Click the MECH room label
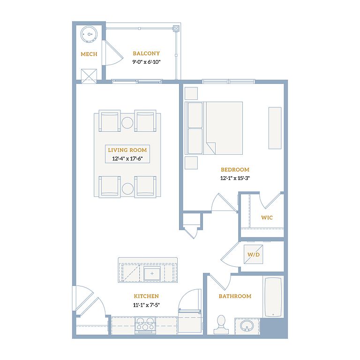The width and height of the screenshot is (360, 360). [x=89, y=54]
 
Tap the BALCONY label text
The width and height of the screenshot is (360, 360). [x=146, y=53]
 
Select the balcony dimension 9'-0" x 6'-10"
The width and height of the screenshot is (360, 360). [x=146, y=62]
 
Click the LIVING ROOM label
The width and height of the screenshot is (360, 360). [x=127, y=150]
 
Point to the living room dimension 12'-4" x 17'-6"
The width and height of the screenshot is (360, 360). [x=127, y=158]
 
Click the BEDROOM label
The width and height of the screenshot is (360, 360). [x=235, y=170]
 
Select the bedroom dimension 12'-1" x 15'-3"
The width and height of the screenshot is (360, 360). [x=235, y=178]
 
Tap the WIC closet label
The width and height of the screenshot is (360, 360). [x=267, y=217]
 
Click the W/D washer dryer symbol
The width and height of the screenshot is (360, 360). [x=253, y=255]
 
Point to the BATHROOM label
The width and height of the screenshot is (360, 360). [x=235, y=296]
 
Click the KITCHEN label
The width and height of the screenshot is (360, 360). [x=146, y=296]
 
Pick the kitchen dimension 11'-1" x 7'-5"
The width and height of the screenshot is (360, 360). [x=146, y=305]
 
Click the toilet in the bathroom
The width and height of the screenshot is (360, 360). [x=221, y=324]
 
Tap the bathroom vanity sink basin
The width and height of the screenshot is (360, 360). [x=247, y=326]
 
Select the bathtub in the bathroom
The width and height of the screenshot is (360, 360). [x=273, y=297]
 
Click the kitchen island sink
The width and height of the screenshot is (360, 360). [x=152, y=273]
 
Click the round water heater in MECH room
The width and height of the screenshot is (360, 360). [x=89, y=34]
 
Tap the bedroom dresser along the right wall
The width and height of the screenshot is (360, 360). [x=275, y=128]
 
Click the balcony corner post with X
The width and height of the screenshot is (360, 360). [x=176, y=29]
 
